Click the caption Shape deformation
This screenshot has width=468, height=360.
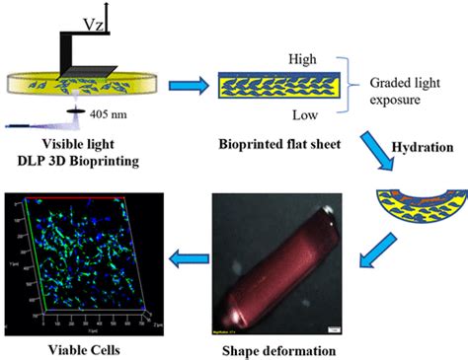pos(274,347)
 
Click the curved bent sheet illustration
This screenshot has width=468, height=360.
pos(412,200)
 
